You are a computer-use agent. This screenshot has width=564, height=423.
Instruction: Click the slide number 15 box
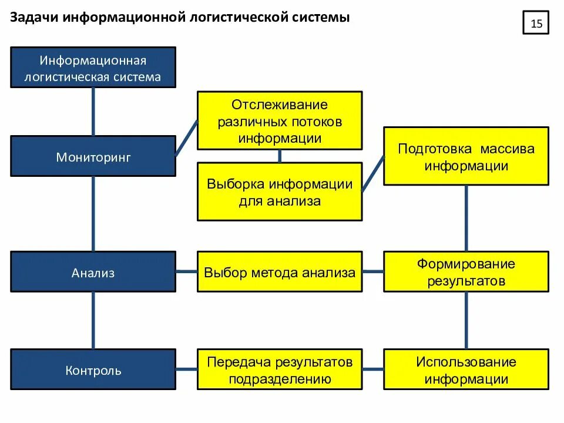pos(535,23)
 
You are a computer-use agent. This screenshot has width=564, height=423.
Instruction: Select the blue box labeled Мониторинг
pos(93,156)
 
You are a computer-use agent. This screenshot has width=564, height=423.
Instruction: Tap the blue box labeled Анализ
pos(93,272)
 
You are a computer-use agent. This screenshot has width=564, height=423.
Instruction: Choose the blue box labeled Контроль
pos(93,370)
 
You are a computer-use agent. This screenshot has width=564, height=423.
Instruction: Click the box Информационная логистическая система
pos(93,68)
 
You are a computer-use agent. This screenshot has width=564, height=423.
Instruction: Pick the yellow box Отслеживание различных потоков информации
pos(279,121)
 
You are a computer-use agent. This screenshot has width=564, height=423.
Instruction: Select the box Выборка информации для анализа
pos(279,192)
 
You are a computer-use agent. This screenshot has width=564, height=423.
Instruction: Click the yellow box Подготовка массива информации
pos(466,156)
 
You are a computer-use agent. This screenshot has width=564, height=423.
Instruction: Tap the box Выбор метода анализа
pos(279,272)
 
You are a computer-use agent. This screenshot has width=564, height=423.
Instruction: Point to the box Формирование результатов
pos(466,272)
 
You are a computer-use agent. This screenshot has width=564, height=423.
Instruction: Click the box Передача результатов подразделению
pos(279,370)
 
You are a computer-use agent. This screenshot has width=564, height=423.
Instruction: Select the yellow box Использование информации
pos(466,370)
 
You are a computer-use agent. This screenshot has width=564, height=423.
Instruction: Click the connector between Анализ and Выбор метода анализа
pos(186,272)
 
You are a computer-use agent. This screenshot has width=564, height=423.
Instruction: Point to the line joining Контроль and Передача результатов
pos(186,370)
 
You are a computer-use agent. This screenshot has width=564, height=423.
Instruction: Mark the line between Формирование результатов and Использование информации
pos(466,320)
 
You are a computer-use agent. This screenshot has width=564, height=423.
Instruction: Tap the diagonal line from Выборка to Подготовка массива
pos(372,174)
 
